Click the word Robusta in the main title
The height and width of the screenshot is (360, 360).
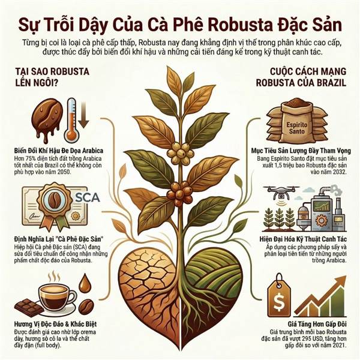[241, 25]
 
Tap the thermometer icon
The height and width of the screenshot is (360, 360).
[71, 121]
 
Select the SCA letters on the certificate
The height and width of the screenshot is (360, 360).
[88, 197]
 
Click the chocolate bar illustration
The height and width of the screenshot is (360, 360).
[29, 307]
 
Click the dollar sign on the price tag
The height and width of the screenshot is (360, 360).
[279, 302]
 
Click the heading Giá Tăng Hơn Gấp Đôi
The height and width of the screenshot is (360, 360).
[317, 324]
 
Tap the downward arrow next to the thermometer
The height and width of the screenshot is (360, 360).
[84, 115]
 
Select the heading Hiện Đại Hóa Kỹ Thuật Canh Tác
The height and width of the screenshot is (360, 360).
[303, 239]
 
